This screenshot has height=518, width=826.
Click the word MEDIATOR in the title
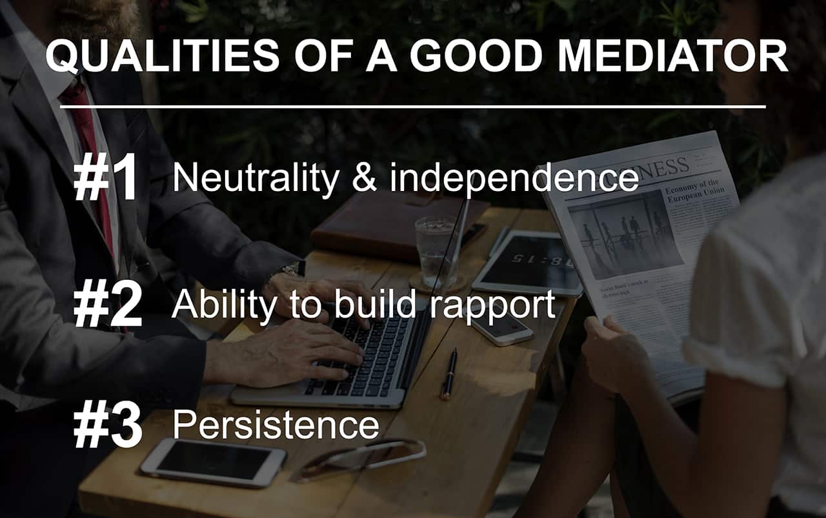tap(673, 57)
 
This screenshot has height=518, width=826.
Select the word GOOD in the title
tap(476, 57)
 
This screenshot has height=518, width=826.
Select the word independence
tap(514, 179)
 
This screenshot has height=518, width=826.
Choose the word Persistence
tap(276, 424)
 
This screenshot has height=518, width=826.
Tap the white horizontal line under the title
tap(412, 107)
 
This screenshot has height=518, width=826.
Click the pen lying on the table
tap(449, 374)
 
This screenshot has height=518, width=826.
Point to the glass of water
tap(436, 252)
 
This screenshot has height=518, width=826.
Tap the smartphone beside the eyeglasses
tap(213, 463)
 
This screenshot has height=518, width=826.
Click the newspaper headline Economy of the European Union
tap(695, 191)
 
